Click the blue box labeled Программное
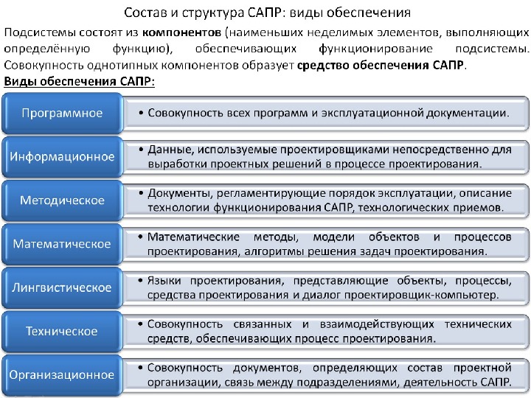(x=62, y=114)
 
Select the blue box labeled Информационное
(x=62, y=157)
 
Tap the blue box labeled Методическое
(x=62, y=200)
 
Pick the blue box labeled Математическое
(x=62, y=244)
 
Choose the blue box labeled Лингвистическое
(x=62, y=287)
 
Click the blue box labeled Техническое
(x=62, y=331)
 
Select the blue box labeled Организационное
(x=62, y=374)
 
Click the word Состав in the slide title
(x=145, y=13)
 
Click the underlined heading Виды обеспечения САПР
(x=80, y=81)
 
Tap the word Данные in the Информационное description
(x=170, y=150)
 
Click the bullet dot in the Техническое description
(x=139, y=324)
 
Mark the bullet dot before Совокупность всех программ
(x=139, y=114)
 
